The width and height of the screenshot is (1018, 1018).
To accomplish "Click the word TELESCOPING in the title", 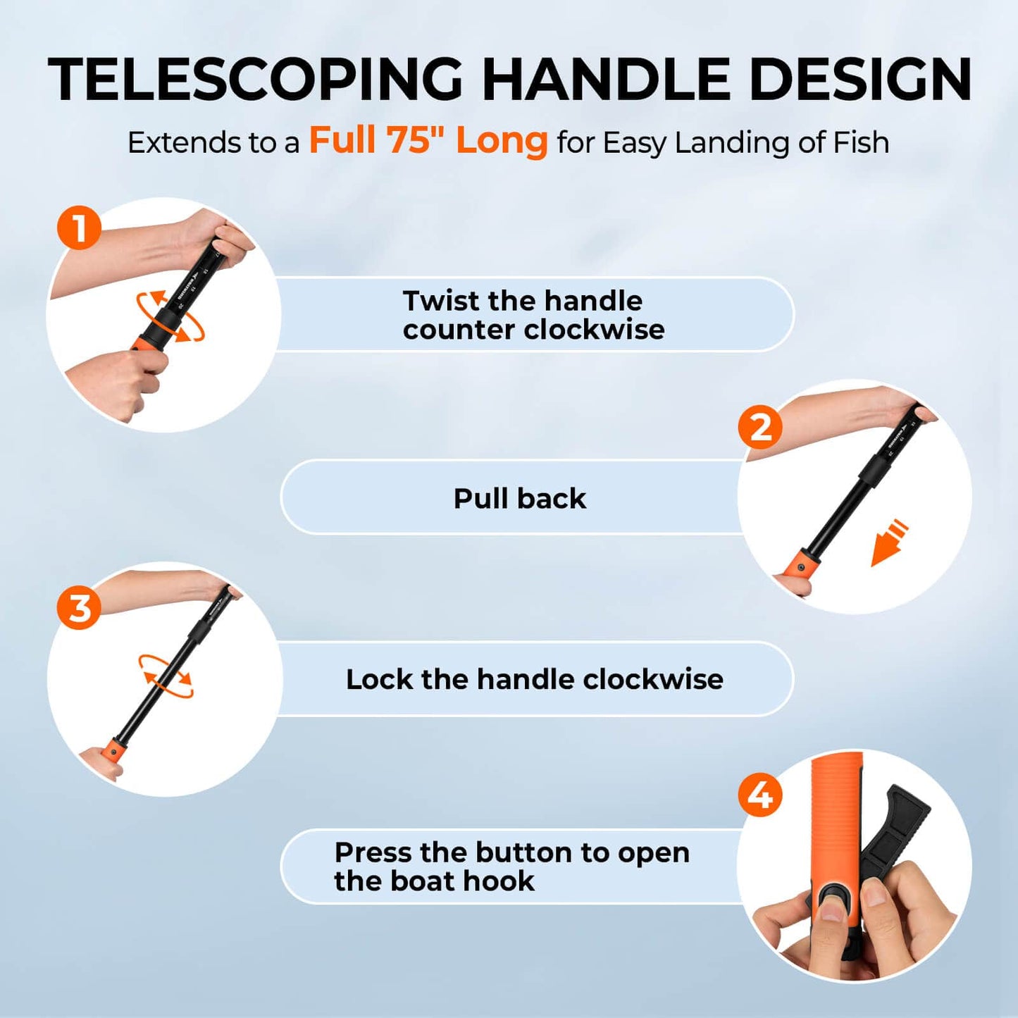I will coord(255,79).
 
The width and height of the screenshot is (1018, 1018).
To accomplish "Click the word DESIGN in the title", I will coord(860,79).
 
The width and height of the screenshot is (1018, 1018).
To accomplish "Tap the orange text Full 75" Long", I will coord(428,140).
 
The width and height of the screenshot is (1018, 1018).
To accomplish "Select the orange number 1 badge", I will coord(79,228).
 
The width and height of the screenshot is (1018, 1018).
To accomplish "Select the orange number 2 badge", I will coord(759,427).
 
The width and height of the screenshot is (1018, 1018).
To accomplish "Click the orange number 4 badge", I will coord(759,795).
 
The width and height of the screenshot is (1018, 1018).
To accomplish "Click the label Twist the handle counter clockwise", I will coord(533,315).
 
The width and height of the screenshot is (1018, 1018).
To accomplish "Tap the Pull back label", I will coord(519,498).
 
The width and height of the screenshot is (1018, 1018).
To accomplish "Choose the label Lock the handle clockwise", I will coord(534,679).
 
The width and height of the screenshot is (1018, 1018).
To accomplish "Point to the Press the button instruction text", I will coord(511,867).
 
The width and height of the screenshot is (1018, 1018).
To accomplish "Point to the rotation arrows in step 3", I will coord(166,676).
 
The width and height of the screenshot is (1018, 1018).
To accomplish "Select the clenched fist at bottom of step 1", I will coord(120,382).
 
